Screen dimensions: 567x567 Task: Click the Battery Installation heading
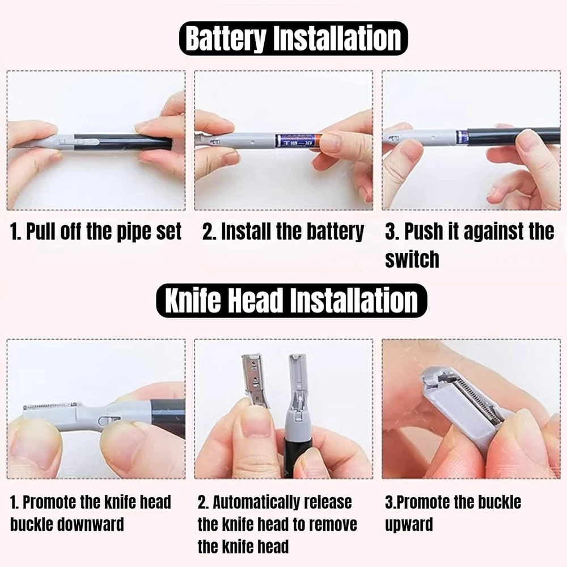293,39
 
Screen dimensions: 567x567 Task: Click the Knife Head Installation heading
291,301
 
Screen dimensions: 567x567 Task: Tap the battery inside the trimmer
297,140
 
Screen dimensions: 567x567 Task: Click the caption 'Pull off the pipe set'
95,231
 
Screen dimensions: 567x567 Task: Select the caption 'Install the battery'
283,231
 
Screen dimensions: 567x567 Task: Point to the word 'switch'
412,259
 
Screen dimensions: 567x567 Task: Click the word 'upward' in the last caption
409,524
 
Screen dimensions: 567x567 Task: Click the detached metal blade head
255,380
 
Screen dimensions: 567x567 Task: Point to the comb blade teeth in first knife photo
50,406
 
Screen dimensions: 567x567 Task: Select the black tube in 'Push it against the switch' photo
514,136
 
